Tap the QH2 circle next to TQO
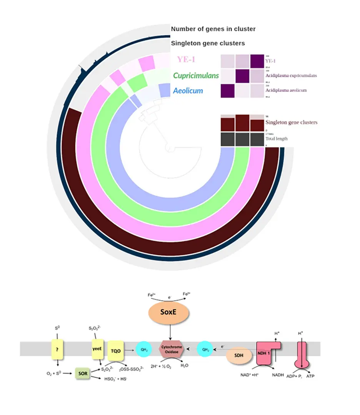(x=143, y=349)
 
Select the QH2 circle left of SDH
(x=205, y=349)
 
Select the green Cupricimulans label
(x=196, y=75)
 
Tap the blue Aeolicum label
(x=188, y=91)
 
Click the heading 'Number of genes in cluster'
(x=213, y=29)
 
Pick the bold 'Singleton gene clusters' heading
(x=208, y=43)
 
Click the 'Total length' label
(x=276, y=139)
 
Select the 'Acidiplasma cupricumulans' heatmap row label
(x=291, y=75)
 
